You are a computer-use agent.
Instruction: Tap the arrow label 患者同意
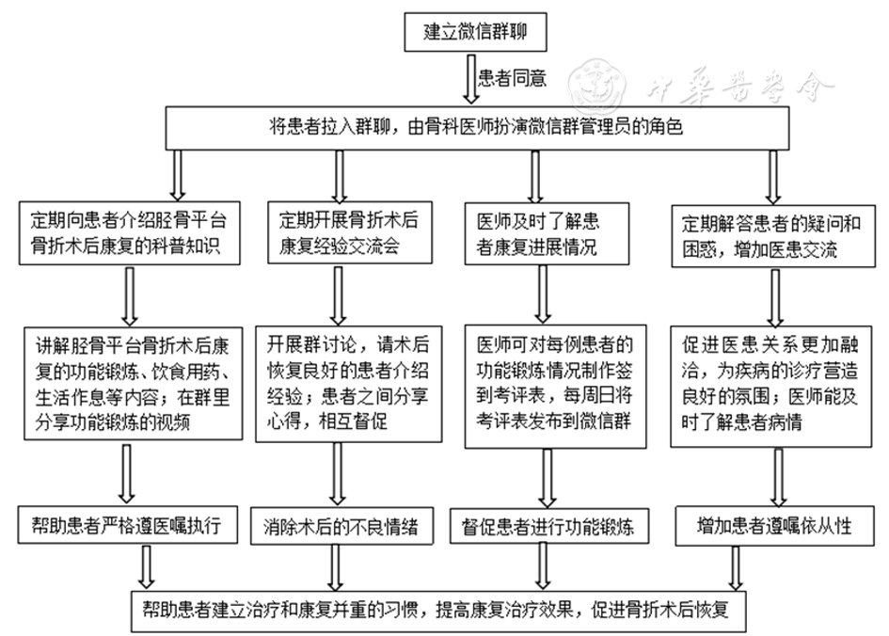click(512, 78)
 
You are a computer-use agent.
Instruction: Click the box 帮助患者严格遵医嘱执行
click(128, 526)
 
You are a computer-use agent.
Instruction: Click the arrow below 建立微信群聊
click(472, 79)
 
